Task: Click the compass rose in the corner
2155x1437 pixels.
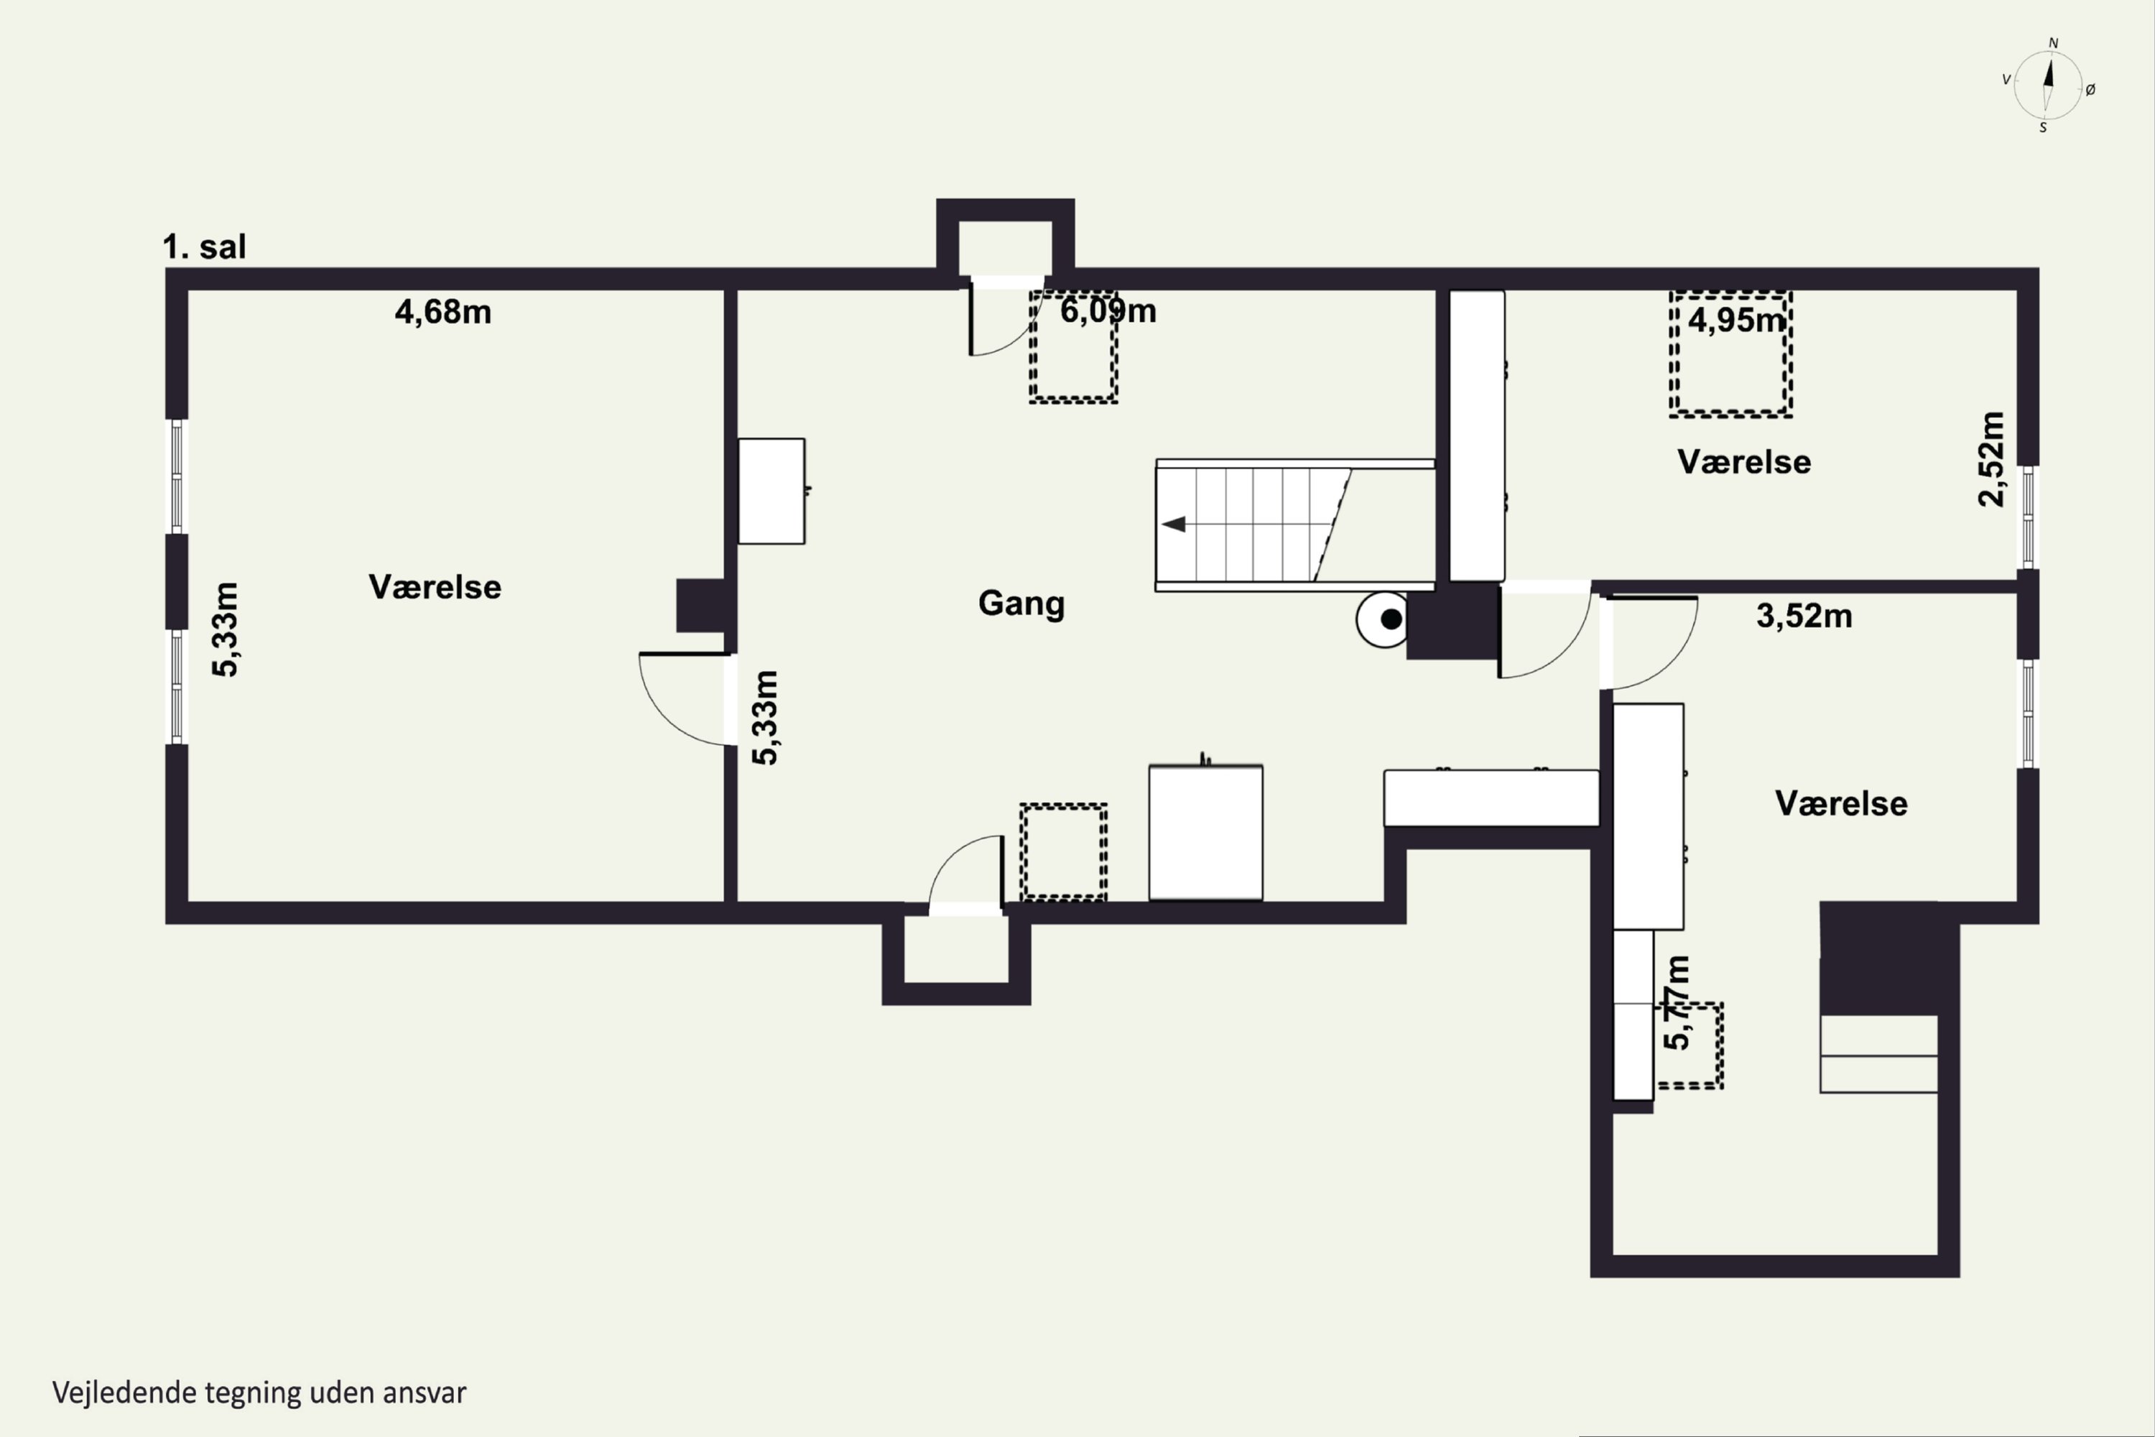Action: [x=2048, y=86]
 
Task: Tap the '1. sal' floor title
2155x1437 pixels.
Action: [x=204, y=246]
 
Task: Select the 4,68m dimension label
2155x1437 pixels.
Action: [x=442, y=313]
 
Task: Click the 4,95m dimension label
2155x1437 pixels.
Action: [x=1736, y=320]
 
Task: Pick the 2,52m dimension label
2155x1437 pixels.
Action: [x=1992, y=459]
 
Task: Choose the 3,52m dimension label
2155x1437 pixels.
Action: [x=1804, y=616]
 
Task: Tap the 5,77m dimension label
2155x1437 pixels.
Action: [x=1676, y=1002]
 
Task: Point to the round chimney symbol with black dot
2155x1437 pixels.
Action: [x=1384, y=619]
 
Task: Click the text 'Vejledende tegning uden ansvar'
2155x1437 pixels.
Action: [x=259, y=1393]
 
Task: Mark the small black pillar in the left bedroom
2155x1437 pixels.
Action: [x=702, y=605]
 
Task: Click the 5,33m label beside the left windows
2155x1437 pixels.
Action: [x=226, y=629]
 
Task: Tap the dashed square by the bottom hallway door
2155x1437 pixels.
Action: [x=1064, y=851]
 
